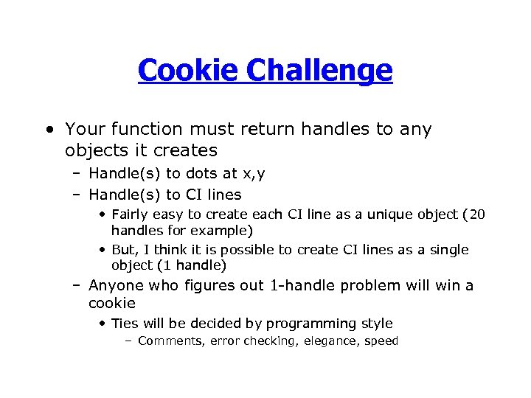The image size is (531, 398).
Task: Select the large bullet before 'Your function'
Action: [x=49, y=130]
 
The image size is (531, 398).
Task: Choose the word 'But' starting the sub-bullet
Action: [x=122, y=250]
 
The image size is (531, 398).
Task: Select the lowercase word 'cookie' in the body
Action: [x=112, y=303]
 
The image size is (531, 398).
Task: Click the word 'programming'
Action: [x=305, y=324]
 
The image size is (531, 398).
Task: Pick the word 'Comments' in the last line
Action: [x=170, y=341]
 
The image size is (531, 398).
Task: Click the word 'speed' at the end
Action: [x=381, y=341]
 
